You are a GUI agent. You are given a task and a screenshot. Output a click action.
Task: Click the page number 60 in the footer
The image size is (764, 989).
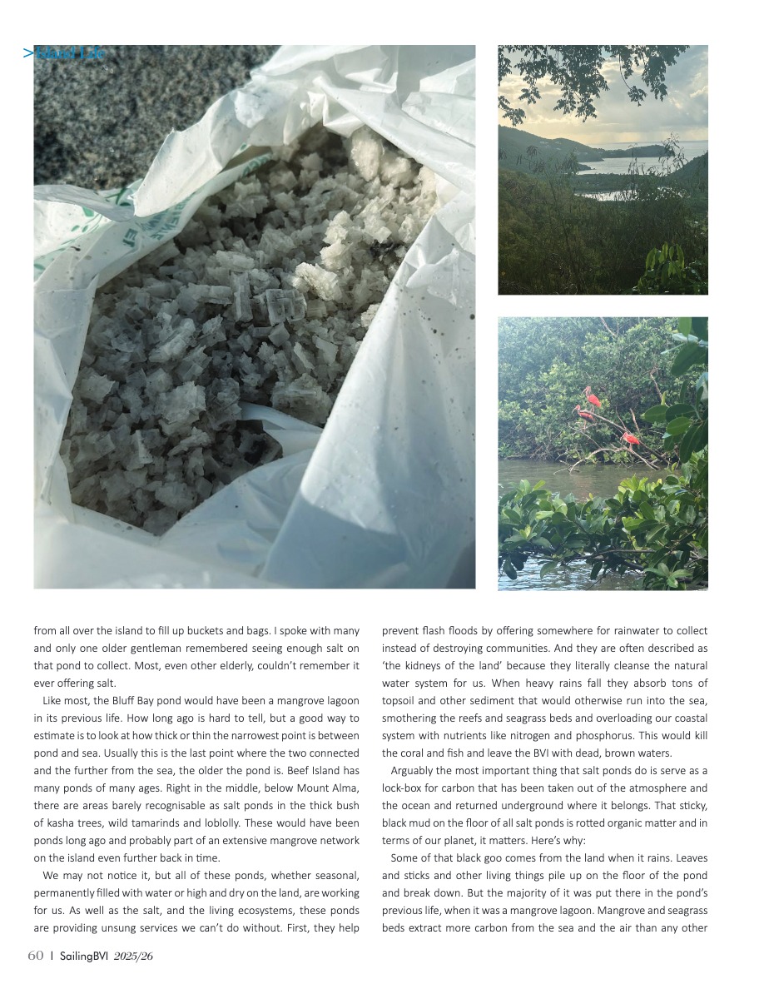click(36, 956)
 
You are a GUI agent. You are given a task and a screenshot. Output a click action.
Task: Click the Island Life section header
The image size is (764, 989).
click(64, 54)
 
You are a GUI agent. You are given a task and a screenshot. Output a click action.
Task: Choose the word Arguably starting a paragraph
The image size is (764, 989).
click(414, 771)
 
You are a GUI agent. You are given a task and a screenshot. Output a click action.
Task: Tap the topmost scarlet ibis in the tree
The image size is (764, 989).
click(593, 396)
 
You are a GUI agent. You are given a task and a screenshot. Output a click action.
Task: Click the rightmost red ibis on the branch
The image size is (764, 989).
click(632, 437)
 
